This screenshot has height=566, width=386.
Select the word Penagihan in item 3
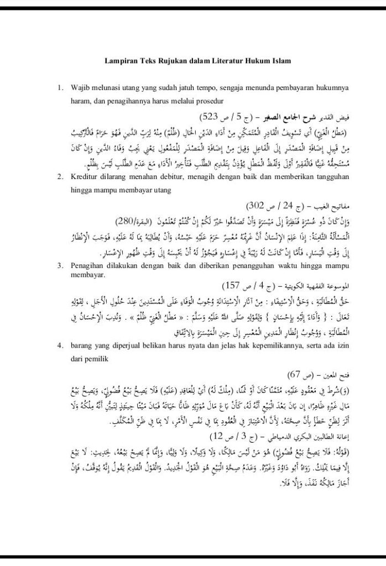pyautogui.click(x=88, y=266)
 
